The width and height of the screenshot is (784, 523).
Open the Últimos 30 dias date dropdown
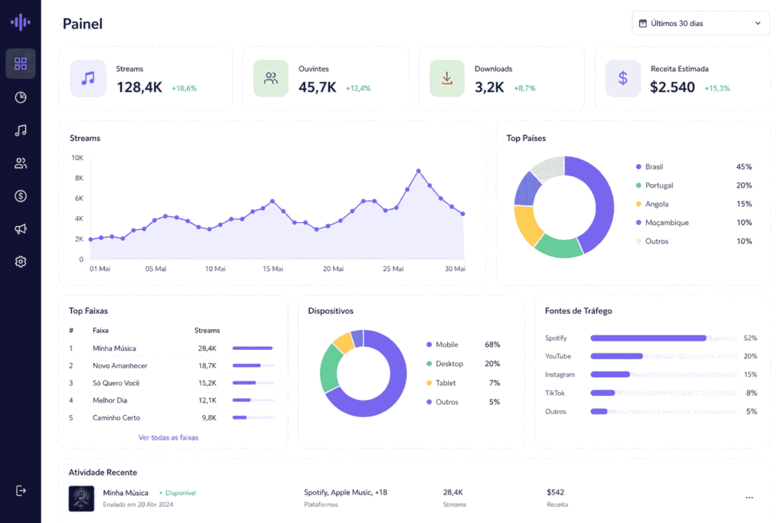(701, 24)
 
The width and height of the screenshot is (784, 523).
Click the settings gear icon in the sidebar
(21, 262)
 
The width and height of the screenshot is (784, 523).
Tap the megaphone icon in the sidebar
(21, 229)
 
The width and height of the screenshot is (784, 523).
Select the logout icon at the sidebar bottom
(21, 491)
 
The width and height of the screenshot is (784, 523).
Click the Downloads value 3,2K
(489, 87)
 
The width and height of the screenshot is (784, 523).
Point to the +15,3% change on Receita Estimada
(717, 89)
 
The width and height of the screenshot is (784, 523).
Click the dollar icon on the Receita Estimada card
(623, 79)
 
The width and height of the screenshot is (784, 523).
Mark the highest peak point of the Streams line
(419, 171)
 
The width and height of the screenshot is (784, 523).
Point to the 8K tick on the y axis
(79, 178)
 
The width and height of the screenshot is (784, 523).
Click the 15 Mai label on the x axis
(273, 269)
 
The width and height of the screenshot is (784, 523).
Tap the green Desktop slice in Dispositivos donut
(329, 368)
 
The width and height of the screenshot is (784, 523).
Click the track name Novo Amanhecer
(120, 366)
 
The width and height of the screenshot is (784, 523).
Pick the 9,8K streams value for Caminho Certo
(209, 418)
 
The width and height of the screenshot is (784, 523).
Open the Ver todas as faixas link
(168, 437)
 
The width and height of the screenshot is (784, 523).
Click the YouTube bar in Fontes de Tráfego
(616, 357)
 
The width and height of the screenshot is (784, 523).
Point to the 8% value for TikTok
(752, 393)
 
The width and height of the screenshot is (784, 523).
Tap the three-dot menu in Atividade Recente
(749, 498)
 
